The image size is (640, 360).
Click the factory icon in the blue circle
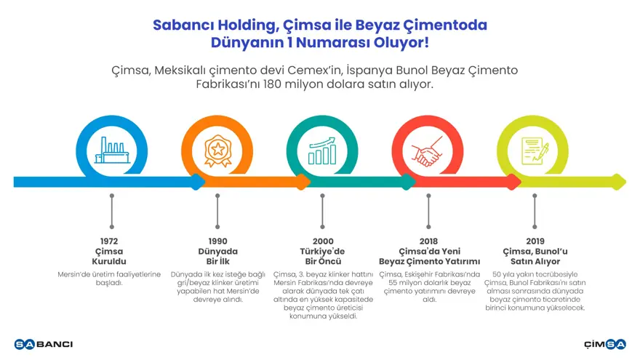(111, 151)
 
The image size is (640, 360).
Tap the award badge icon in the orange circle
(217, 151)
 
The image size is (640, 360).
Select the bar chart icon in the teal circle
(322, 151)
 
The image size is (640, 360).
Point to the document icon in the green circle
(534, 151)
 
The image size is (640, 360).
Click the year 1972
(111, 241)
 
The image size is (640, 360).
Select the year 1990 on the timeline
(217, 241)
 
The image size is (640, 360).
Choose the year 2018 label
(428, 241)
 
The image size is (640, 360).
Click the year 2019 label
(535, 241)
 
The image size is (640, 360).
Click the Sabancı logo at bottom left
(44, 344)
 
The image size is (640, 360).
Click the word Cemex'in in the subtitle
(295, 70)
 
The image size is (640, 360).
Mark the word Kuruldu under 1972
(111, 261)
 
